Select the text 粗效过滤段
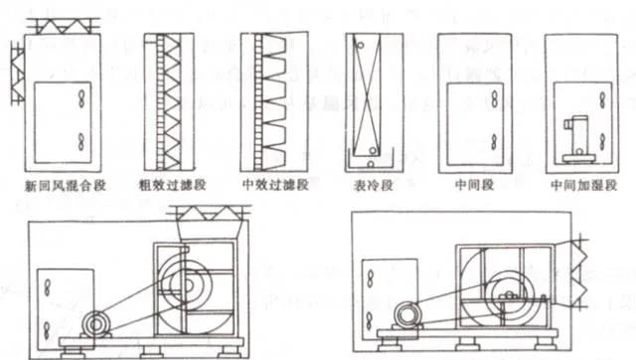[174, 185]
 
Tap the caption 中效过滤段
[274, 185]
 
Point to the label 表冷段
[373, 185]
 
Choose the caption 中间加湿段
[579, 185]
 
